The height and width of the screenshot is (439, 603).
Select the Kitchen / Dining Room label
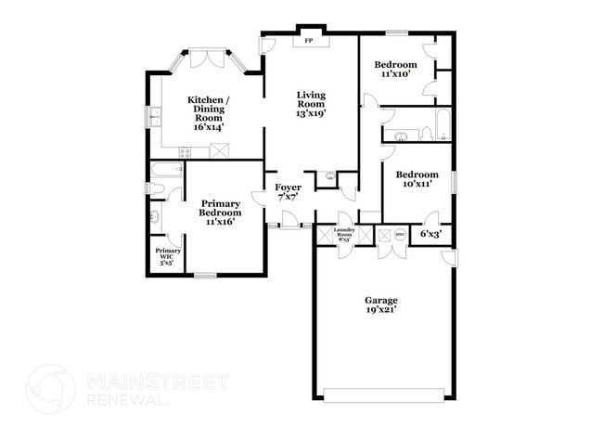coord(209,113)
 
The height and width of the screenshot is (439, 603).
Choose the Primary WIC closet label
coord(168,256)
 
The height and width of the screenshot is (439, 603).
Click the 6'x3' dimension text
coord(431,233)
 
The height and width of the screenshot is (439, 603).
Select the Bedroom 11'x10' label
coord(394,70)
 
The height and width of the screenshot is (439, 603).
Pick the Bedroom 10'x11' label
coord(417,179)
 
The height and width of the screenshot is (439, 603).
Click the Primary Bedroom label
coord(221,213)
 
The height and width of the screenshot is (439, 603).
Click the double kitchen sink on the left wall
coord(155,116)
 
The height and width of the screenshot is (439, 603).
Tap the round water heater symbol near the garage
coord(400,236)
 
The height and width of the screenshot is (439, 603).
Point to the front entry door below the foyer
coord(290,223)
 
